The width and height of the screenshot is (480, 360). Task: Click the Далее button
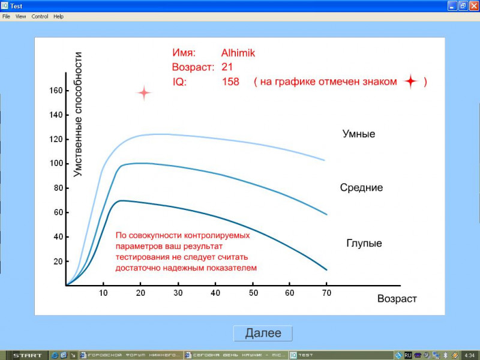263,333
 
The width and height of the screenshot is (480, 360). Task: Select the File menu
6,17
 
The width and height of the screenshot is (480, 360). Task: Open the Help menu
58,17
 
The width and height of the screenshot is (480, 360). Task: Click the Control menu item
40,17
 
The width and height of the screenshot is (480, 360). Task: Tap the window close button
474,6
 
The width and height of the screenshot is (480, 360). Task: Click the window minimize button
452,6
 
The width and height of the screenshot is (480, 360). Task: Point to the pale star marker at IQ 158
144,93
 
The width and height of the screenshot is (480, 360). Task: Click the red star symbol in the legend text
411,82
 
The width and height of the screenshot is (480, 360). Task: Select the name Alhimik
238,53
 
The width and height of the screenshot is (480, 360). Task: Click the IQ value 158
230,82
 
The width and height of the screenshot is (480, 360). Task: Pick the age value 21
227,67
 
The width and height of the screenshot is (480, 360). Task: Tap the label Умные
359,134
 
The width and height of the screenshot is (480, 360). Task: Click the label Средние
361,188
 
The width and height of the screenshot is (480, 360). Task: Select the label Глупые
364,244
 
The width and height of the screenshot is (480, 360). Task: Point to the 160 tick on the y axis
56,91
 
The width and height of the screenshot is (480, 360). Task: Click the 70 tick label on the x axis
326,293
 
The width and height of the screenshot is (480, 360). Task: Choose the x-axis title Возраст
397,299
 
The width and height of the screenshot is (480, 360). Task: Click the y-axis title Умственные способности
78,115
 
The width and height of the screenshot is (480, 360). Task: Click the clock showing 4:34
470,355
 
